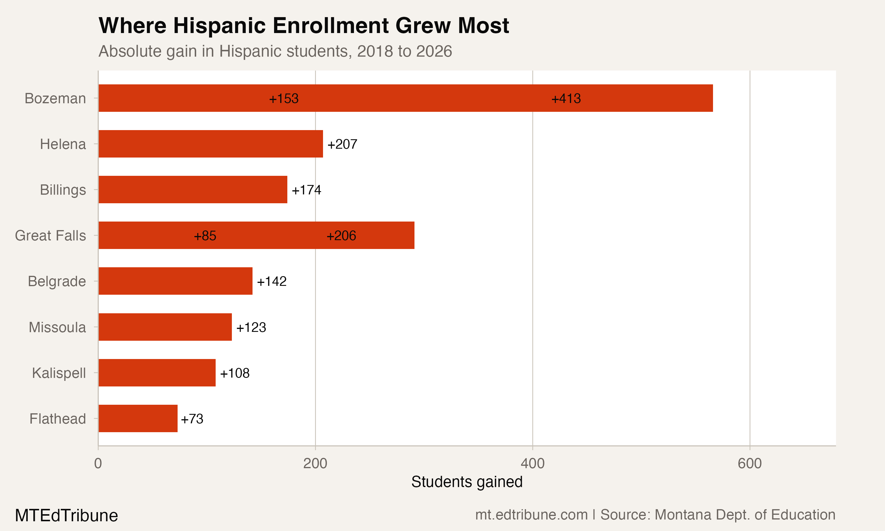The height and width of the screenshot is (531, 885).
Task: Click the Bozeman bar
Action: click(x=405, y=98)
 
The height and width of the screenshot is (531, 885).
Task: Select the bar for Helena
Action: click(x=211, y=144)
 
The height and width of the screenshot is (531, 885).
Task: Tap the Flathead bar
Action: click(x=138, y=418)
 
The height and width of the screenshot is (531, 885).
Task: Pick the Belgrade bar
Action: click(x=175, y=281)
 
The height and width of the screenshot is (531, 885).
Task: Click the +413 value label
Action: click(x=566, y=99)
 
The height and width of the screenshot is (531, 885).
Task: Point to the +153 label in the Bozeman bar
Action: click(x=284, y=99)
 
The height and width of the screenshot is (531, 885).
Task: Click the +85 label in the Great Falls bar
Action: click(x=205, y=235)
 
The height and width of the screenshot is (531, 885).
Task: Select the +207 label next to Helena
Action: click(x=342, y=144)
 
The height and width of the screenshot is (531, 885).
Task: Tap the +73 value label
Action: click(x=192, y=419)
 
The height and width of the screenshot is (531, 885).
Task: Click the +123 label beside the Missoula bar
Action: click(x=251, y=327)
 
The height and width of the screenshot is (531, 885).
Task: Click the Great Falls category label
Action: click(x=50, y=235)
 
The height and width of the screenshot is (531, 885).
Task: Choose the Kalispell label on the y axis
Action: click(x=59, y=373)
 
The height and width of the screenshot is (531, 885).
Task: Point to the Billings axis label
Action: click(x=63, y=190)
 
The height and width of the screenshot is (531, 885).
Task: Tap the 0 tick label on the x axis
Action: click(x=98, y=463)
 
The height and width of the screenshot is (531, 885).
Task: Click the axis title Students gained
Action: click(x=467, y=482)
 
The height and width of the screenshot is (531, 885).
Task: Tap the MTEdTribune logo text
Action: click(x=67, y=515)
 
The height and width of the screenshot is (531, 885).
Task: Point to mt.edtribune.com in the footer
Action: click(x=531, y=514)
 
